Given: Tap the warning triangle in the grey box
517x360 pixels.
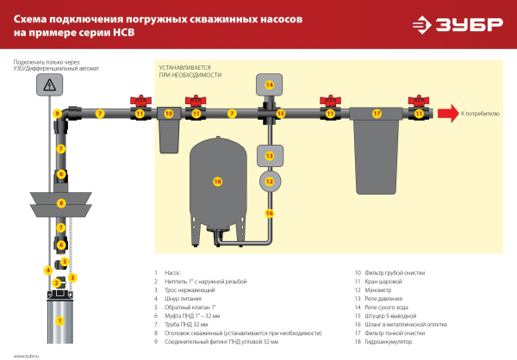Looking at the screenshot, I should click(x=50, y=84).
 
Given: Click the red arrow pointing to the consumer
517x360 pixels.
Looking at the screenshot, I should click(x=446, y=113).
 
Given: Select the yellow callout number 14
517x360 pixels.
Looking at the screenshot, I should click(x=269, y=84).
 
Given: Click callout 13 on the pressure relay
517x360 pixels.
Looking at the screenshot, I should click(x=269, y=156).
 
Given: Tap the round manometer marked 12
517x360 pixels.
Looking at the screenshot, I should click(x=269, y=182).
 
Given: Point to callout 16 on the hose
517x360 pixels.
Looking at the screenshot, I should click(x=269, y=213).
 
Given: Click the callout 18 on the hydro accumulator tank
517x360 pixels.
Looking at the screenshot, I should click(x=217, y=182).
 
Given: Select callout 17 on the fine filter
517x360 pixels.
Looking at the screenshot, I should click(x=376, y=114).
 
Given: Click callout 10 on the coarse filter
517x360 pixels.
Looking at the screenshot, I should click(x=169, y=114).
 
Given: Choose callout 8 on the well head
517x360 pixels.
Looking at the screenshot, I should click(x=60, y=203).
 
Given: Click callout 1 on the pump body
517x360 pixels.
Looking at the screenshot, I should click(x=59, y=320).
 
